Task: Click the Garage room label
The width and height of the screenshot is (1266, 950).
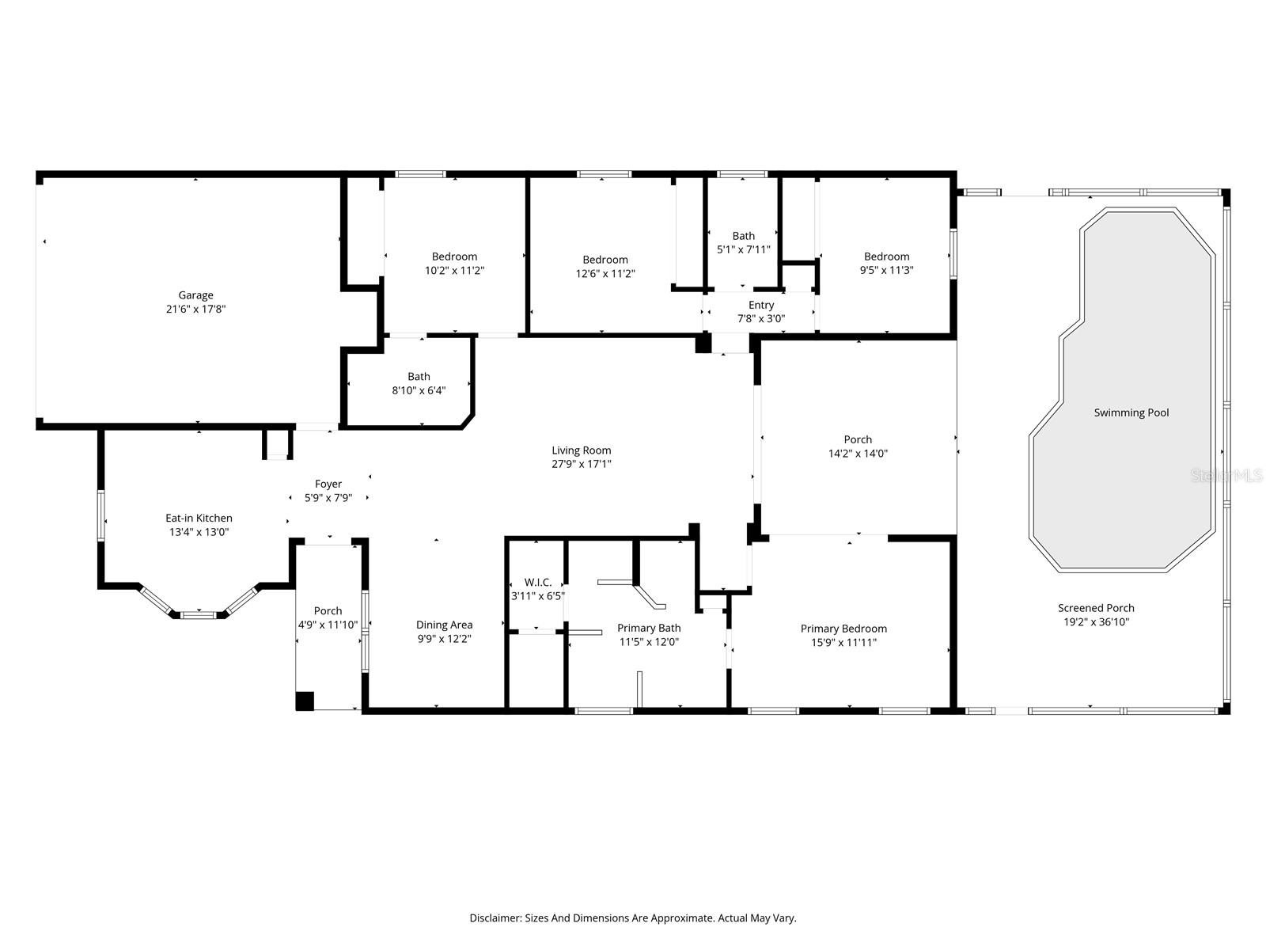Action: coord(195,295)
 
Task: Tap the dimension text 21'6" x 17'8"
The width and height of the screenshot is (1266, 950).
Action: coord(195,310)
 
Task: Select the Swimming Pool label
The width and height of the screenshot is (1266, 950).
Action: coord(1131,412)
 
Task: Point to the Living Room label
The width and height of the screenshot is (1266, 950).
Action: coord(581,450)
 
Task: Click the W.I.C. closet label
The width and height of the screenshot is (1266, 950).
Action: coord(537,582)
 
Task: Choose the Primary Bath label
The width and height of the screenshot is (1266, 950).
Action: coord(649,628)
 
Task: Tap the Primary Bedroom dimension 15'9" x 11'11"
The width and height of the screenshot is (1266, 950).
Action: coord(843,642)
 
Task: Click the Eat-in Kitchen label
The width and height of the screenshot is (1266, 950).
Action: coord(199,518)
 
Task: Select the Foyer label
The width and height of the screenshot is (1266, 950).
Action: coord(328,484)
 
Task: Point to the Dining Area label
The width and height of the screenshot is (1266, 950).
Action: coord(444,625)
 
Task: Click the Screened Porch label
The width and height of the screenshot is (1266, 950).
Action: coord(1096,608)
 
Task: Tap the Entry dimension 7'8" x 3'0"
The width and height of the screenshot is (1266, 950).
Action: coord(761,319)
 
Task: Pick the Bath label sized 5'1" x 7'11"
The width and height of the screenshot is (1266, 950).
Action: coord(743,236)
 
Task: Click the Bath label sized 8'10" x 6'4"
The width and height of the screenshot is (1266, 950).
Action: coord(419,377)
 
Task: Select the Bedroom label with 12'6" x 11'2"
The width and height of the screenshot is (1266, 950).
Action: coord(605,260)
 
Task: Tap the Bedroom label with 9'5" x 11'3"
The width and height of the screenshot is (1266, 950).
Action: coord(886,256)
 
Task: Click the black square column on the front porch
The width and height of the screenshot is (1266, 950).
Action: coord(305,701)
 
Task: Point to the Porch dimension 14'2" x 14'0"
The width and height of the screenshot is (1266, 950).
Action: coord(858,454)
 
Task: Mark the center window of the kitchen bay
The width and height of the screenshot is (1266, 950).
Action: coord(198,614)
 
